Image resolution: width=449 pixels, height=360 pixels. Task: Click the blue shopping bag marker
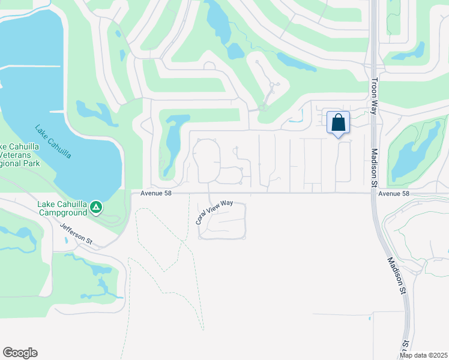tap(339, 123)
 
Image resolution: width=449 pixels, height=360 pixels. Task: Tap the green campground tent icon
tap(96, 208)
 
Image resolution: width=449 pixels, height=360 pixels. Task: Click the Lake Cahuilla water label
tap(53, 142)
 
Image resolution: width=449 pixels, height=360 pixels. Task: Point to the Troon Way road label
tap(374, 92)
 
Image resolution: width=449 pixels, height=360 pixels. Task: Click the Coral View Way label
tap(214, 212)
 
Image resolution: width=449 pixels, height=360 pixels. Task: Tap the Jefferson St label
tap(76, 233)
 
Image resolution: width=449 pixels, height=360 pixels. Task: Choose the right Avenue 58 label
tap(394, 194)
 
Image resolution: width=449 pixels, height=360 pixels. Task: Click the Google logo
tap(20, 353)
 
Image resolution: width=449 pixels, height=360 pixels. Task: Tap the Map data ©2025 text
tap(424, 355)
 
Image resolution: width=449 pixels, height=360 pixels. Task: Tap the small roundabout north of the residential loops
tap(262, 108)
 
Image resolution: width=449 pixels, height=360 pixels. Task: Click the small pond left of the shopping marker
tap(295, 119)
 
